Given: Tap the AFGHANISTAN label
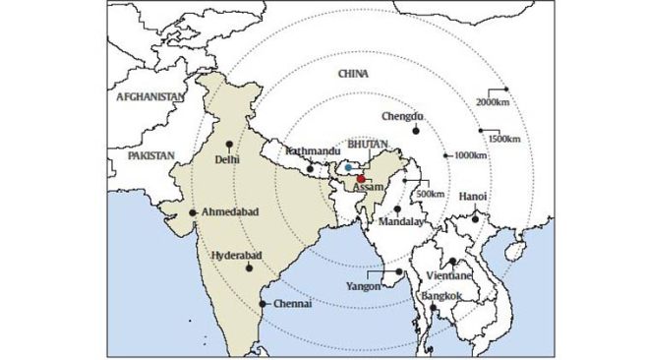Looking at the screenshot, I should point(149,97).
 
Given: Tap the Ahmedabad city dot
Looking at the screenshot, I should point(194,212).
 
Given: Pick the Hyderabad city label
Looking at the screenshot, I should point(237,256).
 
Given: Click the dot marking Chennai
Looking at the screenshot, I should point(264,304).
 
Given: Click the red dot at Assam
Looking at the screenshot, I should point(361,178).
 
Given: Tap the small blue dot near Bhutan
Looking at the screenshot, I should point(347,168).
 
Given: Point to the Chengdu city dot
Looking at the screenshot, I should point(415,130).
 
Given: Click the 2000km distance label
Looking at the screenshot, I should point(494,101).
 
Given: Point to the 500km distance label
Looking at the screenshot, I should point(430,194).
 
